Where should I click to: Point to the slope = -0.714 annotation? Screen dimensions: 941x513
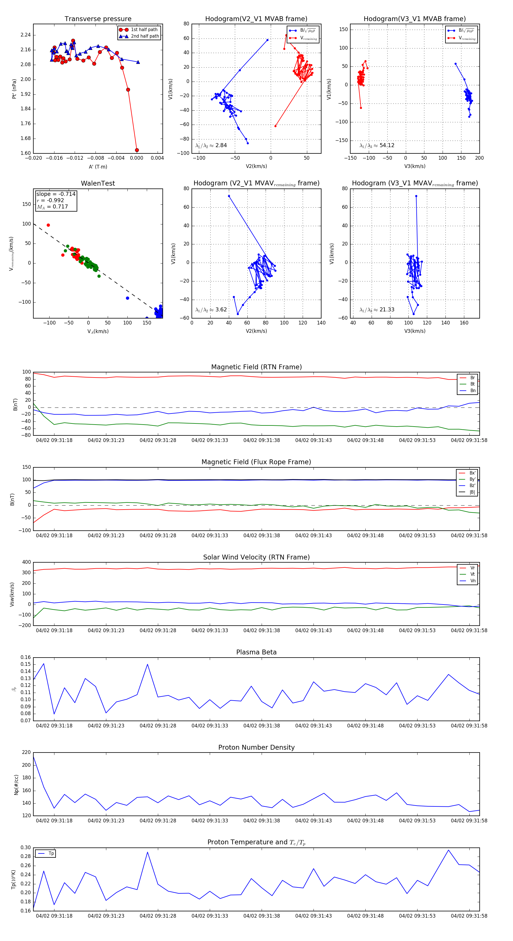tap(56, 194)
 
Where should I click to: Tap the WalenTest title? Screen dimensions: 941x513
tap(98, 183)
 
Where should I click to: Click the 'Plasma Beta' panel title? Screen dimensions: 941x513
tap(256, 652)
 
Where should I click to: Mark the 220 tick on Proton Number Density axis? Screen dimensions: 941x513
tap(26, 752)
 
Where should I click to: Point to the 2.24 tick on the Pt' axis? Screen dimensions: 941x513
tap(26, 35)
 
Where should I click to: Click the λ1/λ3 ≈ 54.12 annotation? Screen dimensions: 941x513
tap(377, 145)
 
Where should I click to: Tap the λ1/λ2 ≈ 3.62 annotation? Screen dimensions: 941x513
tap(211, 310)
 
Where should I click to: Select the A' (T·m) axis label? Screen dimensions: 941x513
tap(98, 167)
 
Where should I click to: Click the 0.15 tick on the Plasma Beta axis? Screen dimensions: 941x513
tap(26, 664)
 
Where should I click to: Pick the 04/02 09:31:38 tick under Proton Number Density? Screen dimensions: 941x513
tap(261, 820)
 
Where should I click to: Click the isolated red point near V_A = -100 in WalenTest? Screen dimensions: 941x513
tap(48, 225)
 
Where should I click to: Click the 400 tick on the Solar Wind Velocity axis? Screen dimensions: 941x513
tap(26, 562)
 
